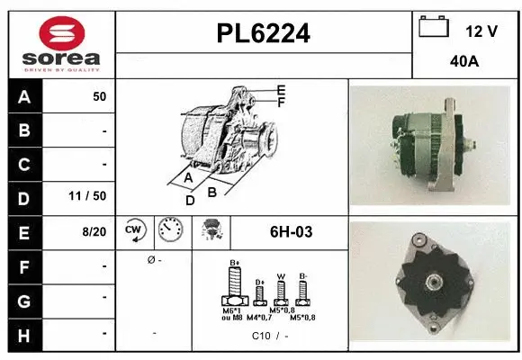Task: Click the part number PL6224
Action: click(264, 33)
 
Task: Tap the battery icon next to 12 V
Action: click(434, 28)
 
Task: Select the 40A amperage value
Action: click(464, 63)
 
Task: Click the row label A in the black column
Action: click(23, 96)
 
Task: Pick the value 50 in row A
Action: click(99, 96)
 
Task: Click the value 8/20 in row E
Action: click(93, 231)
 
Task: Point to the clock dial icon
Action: click(168, 230)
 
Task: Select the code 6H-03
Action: click(291, 232)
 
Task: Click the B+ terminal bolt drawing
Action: click(236, 289)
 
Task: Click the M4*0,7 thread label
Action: click(260, 318)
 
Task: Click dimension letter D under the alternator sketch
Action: click(190, 200)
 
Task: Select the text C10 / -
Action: click(269, 336)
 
